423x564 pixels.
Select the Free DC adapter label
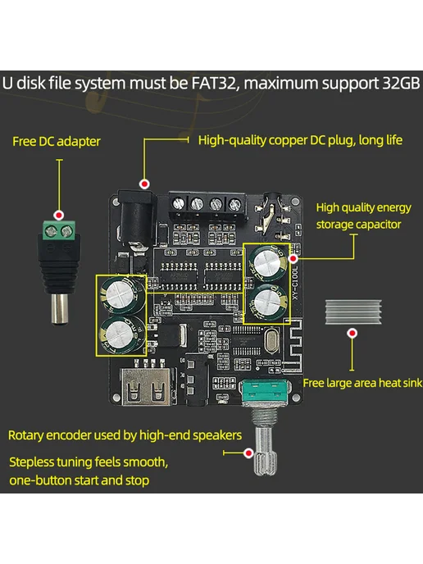[57, 141]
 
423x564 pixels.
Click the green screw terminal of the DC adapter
[59, 230]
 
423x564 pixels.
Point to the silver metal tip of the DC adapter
[60, 309]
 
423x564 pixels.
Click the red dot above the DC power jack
[144, 184]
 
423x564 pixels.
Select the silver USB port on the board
[147, 386]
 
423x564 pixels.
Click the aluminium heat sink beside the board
[353, 312]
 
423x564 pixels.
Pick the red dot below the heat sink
[352, 333]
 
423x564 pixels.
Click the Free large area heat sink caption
[362, 383]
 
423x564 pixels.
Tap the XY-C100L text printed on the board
[295, 284]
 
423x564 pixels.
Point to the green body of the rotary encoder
[266, 392]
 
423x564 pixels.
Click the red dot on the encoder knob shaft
[248, 453]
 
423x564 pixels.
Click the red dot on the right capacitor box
[293, 258]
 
